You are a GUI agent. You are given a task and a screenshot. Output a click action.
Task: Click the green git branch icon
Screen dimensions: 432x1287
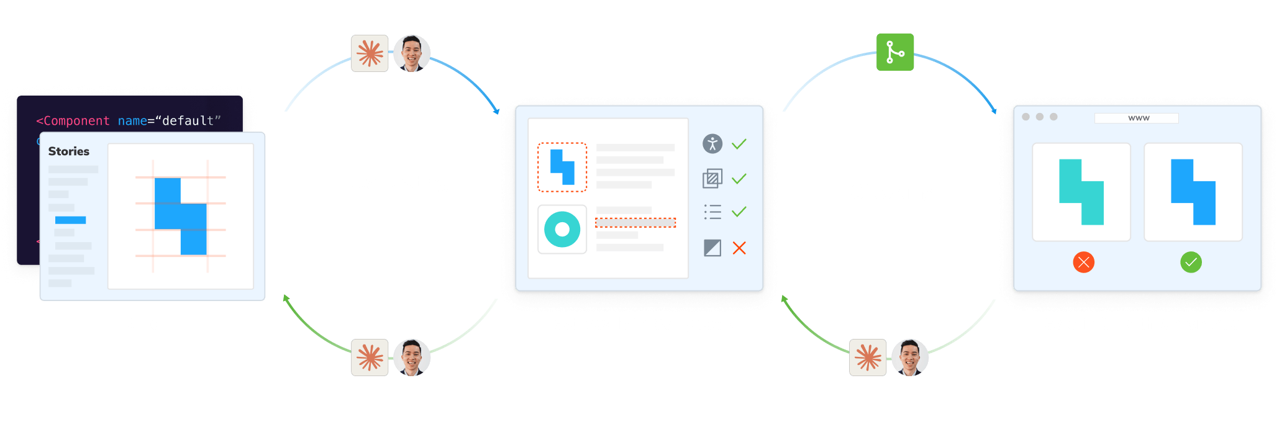894,52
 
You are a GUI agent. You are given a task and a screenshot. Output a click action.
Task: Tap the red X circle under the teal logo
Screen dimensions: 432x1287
1083,262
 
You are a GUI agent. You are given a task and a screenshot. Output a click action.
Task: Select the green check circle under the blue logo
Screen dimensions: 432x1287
1191,262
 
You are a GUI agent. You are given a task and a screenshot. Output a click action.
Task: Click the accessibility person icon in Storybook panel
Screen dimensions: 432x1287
712,143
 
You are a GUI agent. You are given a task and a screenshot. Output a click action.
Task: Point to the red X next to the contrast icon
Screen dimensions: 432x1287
739,248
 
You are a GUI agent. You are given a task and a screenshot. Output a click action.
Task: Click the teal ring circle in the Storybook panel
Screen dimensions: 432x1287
562,230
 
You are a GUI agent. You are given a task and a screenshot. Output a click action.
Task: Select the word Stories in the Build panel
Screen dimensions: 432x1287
69,151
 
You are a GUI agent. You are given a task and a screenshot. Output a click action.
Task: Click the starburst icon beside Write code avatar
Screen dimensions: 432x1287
370,53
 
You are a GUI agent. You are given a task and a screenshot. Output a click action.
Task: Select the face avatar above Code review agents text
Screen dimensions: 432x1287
910,358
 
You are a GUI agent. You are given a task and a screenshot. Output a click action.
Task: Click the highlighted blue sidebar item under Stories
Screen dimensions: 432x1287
70,220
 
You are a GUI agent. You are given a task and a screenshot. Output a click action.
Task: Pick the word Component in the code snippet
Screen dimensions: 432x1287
76,121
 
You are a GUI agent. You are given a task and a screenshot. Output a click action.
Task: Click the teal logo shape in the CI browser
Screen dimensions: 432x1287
1081,192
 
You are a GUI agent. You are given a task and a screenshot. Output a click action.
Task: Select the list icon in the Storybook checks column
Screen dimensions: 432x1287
712,212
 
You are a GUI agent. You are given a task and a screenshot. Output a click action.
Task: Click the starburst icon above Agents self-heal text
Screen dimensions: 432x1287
370,358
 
